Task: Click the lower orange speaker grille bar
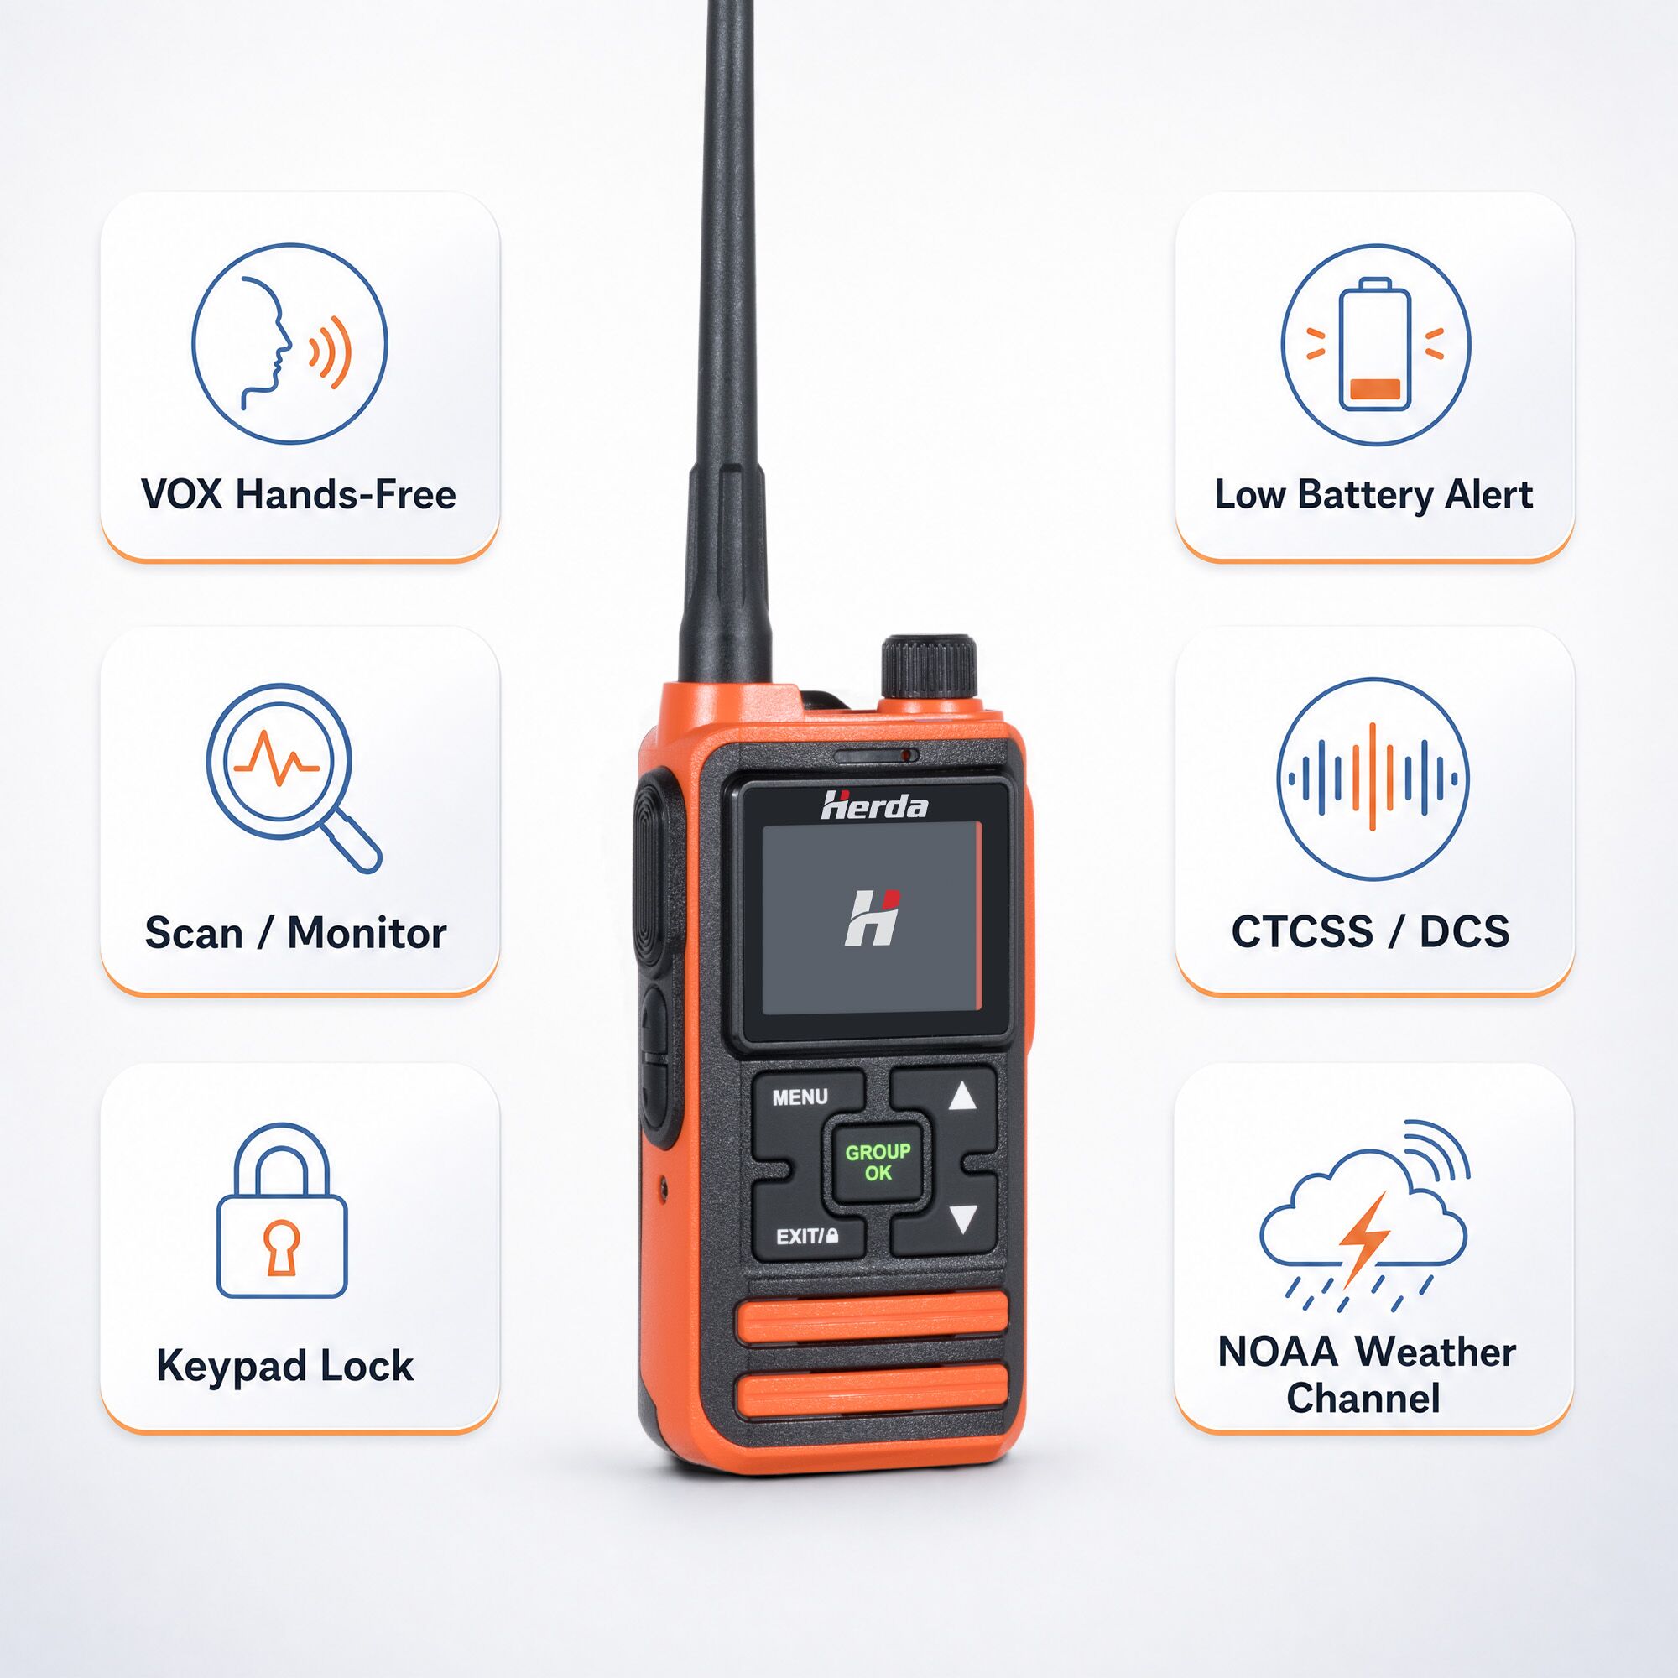872,1387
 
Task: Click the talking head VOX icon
289,343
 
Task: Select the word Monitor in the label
367,933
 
